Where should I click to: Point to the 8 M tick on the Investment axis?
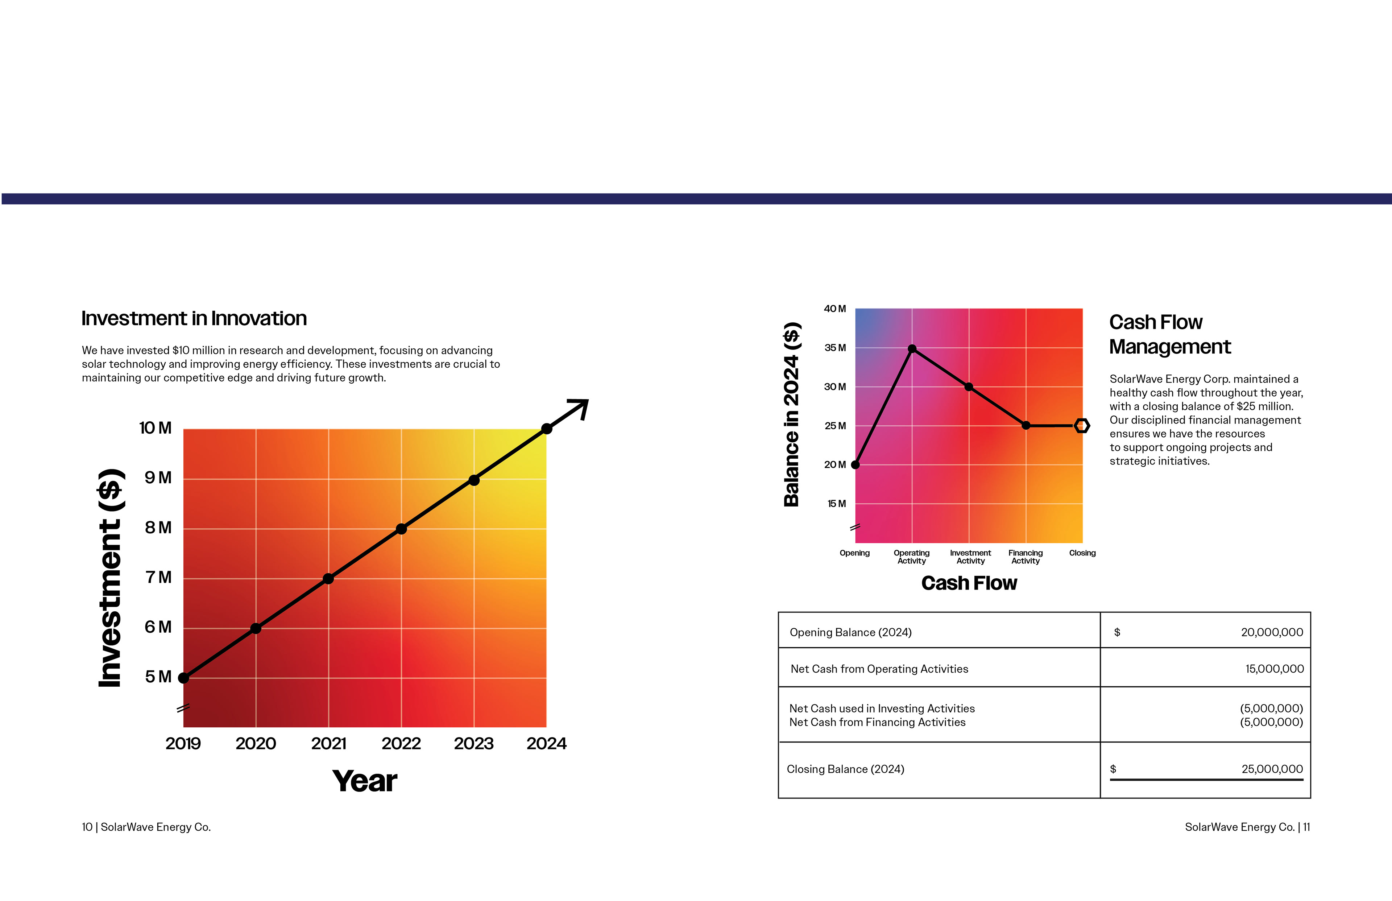158,528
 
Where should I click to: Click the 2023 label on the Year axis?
474,744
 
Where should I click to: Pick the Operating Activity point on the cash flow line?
912,349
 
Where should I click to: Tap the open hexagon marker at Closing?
1082,426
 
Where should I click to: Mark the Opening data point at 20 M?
855,464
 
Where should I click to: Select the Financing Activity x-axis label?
1025,557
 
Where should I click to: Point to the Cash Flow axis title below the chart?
969,583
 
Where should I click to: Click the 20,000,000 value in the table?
1272,632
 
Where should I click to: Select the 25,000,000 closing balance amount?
1272,769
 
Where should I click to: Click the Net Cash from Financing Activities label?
877,723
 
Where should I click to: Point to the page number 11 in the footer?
1306,827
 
